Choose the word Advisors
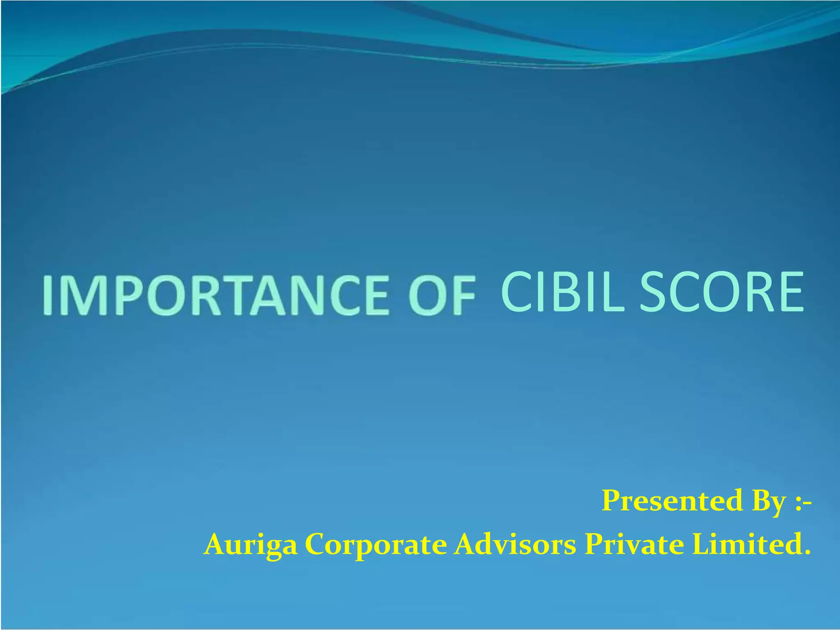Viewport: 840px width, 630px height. pos(515,544)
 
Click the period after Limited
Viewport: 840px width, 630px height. pos(807,552)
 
